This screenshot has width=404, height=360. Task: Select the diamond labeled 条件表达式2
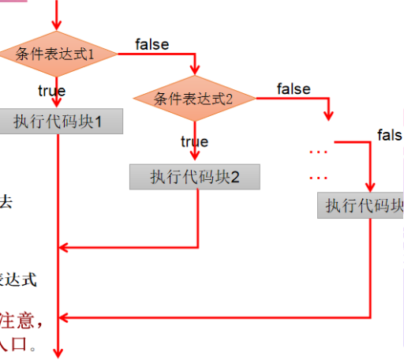(194, 99)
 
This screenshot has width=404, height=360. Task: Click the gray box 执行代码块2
(194, 177)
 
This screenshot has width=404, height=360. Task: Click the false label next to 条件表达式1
(151, 44)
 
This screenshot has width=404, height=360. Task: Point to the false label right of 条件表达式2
(294, 89)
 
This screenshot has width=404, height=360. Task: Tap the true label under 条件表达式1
(51, 92)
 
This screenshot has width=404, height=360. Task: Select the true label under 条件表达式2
(194, 142)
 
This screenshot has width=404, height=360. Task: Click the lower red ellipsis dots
(318, 177)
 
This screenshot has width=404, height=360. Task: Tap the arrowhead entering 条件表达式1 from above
(58, 28)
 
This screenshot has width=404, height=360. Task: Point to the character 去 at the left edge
(6, 202)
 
